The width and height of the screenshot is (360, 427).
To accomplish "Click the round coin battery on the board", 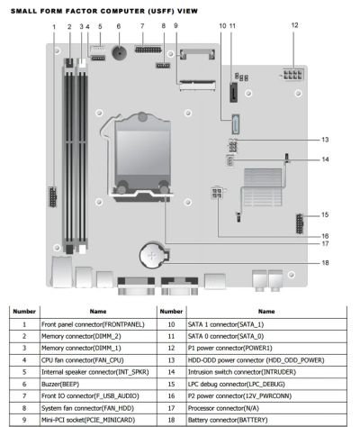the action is pos(152,255).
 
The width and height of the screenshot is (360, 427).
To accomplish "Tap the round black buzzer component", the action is pos(119,52).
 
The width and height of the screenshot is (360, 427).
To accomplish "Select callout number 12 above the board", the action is pos(294,25).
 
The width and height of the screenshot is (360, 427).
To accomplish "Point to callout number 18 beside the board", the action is pos(325,263).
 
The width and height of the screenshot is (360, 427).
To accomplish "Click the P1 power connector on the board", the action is pos(293,74).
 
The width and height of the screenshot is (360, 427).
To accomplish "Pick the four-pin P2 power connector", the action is pos(217,193).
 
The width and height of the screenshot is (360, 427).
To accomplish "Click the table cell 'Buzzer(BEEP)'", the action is pos(60,384).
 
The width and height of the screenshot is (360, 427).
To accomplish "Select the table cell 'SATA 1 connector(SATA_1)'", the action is pos(226,324).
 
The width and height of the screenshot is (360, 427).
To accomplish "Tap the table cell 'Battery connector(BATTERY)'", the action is pos(228,420).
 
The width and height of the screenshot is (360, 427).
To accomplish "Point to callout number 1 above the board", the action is pos(54,27).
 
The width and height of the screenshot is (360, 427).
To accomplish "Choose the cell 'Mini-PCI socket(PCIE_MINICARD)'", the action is pos(88,420).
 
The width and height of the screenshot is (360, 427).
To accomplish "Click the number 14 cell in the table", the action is pos(171,372).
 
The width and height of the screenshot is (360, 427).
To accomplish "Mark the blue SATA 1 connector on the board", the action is pos(236,124).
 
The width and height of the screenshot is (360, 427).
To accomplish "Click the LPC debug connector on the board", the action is pos(300,223).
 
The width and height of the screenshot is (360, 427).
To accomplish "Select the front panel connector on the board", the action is pos(53,196).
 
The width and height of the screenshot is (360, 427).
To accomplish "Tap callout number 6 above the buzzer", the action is pos(119,26).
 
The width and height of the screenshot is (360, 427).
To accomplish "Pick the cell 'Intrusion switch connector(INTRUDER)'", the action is pos(242,372).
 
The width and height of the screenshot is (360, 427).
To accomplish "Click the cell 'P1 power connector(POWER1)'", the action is pos(229,348).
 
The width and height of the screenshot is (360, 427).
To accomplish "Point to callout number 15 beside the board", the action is pos(325,214).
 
